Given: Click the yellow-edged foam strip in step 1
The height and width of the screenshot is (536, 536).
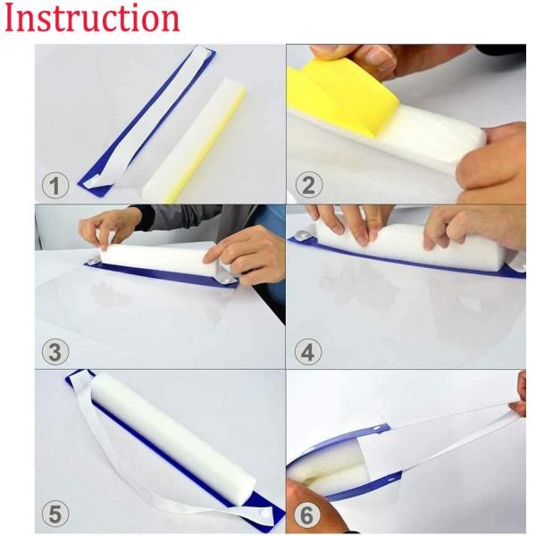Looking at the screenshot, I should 197,134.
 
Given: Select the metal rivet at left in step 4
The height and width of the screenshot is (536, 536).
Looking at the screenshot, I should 305,236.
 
